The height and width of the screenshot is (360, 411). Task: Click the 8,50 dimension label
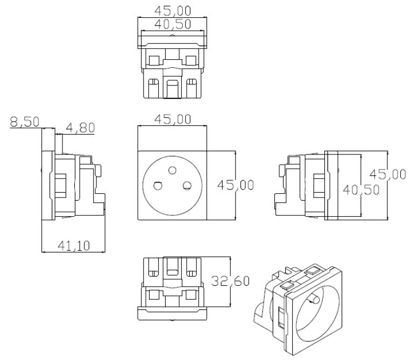point(24,122)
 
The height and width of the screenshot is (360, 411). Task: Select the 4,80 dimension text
point(80,128)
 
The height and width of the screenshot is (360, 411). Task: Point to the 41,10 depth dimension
point(74,245)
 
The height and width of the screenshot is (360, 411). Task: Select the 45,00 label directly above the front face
point(172,119)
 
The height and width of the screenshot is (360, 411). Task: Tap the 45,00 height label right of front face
point(235,185)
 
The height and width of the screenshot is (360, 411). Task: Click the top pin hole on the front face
point(172,171)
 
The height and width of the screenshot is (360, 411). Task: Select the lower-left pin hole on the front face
point(158,186)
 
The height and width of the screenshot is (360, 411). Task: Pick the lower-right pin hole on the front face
point(187,186)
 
